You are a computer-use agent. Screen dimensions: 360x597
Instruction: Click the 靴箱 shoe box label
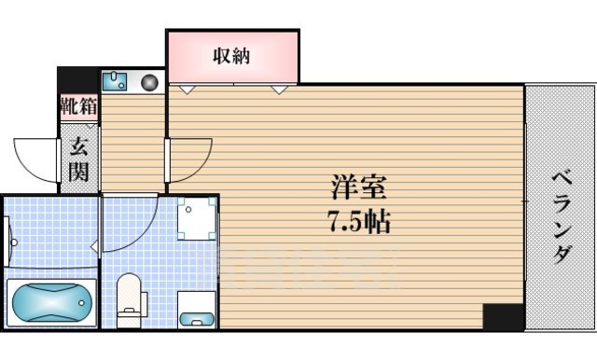pos(78,105)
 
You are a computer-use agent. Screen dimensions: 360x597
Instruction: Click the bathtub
pos(52,301)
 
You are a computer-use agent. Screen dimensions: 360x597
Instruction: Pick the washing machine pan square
pos(197,217)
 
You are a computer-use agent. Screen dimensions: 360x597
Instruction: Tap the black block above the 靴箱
pos(78,78)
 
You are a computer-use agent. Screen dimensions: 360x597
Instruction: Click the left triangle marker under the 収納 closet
pos(187,90)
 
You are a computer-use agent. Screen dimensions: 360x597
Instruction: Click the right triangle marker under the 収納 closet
pos(279,90)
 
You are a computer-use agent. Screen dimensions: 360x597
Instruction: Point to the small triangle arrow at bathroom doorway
pos(94,246)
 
